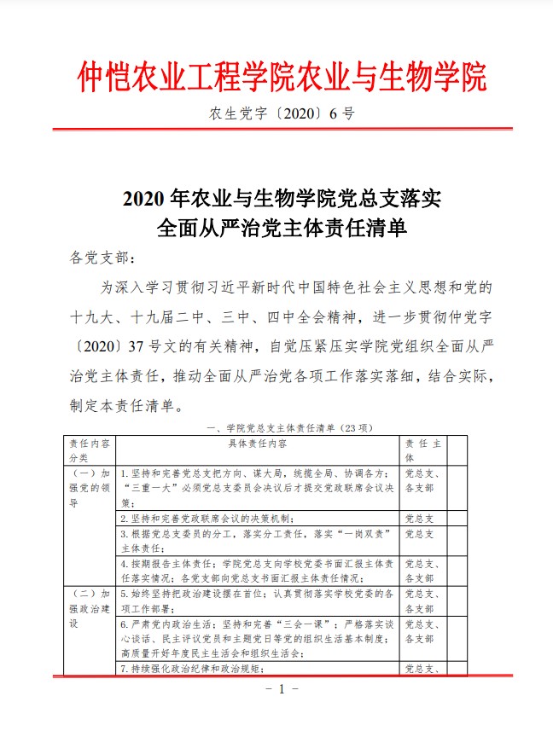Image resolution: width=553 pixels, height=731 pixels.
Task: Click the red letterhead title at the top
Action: coord(282,77)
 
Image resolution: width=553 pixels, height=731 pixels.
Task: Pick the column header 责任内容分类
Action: coord(88,450)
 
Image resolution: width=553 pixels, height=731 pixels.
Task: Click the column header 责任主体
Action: coord(422,450)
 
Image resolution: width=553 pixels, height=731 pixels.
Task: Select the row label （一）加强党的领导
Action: coord(88,487)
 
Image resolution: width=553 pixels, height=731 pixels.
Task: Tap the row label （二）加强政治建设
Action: coord(88,608)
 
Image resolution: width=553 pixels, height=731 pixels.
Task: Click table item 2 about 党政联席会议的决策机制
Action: coord(209,518)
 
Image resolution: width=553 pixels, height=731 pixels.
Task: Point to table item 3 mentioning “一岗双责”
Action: coord(256,540)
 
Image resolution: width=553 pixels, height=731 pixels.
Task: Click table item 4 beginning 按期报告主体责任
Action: coord(256,570)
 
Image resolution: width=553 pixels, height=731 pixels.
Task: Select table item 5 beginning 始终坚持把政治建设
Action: coord(256,600)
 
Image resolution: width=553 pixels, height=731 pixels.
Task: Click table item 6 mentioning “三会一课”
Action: coord(256,639)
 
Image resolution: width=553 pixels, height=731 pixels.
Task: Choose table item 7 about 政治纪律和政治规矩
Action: coord(196,669)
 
